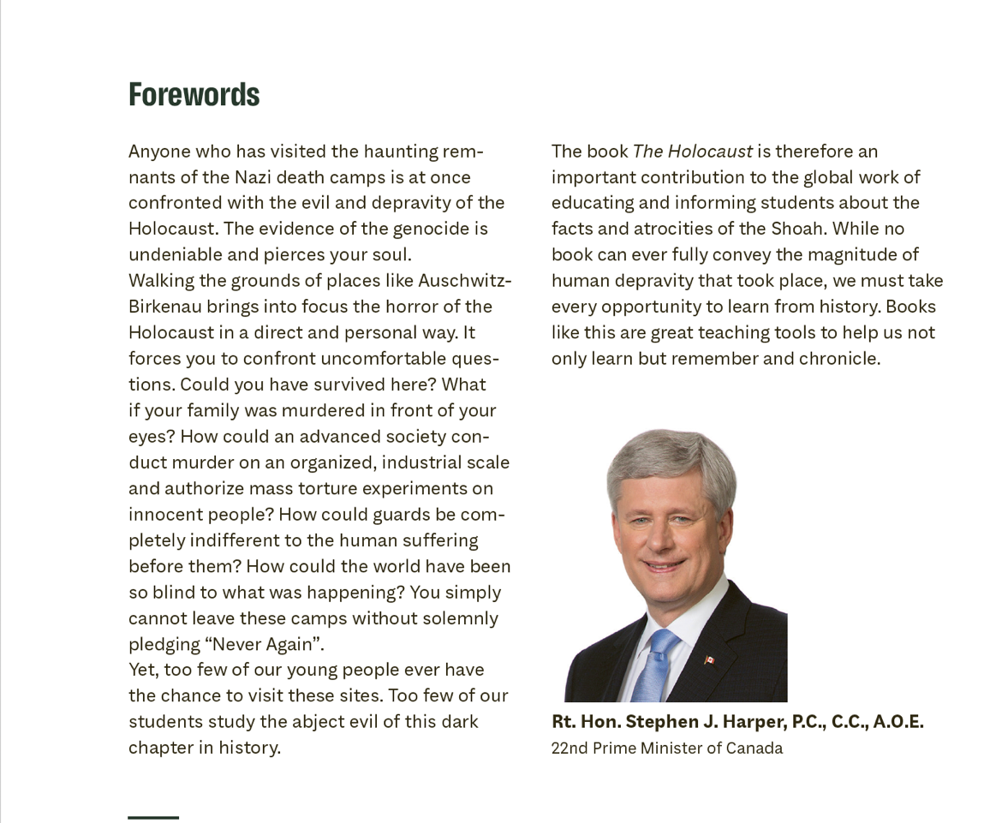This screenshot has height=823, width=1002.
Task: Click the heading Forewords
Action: coord(194,94)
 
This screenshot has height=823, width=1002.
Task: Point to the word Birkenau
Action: coord(164,307)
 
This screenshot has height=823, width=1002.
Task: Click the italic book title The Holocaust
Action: coord(692,152)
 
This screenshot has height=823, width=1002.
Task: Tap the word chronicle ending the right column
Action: coord(838,358)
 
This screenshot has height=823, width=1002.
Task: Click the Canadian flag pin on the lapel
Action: coord(709,659)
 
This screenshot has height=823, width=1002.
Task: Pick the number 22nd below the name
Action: coord(569,748)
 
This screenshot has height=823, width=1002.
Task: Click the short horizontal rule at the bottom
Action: coord(153,818)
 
